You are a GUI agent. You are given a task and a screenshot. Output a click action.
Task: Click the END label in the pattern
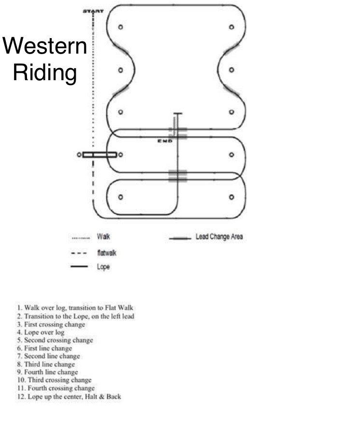click(165, 141)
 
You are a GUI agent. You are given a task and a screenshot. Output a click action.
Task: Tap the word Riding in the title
click(45, 73)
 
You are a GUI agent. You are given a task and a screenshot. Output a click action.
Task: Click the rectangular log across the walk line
click(99, 155)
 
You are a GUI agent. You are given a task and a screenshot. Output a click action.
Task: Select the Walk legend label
click(103, 237)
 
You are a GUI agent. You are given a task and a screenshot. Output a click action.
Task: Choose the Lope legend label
click(104, 266)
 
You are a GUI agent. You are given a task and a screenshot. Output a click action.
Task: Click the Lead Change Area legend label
click(219, 238)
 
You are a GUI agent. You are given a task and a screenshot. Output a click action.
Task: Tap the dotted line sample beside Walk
click(81, 238)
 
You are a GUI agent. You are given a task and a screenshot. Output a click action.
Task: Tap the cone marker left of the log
click(79, 155)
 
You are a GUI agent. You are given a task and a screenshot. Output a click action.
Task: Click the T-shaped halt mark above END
click(178, 114)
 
